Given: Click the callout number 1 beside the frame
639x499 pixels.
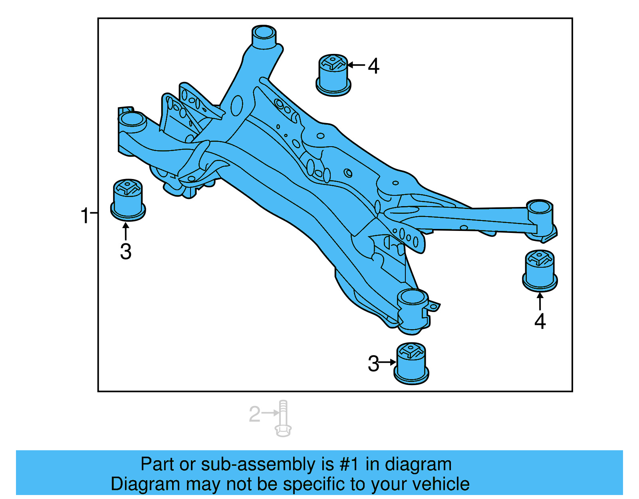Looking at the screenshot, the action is pyautogui.click(x=85, y=215).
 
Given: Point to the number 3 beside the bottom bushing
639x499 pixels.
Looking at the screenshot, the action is pyautogui.click(x=373, y=364).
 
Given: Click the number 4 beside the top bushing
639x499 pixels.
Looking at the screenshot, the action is pyautogui.click(x=373, y=66).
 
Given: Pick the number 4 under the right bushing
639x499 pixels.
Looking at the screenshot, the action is pyautogui.click(x=540, y=321).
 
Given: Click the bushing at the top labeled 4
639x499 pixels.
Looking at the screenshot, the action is pyautogui.click(x=333, y=75).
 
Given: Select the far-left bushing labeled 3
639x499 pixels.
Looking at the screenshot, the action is pyautogui.click(x=128, y=200).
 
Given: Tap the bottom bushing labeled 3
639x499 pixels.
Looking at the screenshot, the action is pyautogui.click(x=411, y=364).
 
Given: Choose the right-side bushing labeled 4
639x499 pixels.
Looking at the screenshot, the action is pyautogui.click(x=540, y=270).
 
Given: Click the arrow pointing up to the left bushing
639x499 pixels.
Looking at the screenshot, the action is pyautogui.click(x=125, y=231).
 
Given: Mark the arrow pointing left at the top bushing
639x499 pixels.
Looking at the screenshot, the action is pyautogui.click(x=356, y=65).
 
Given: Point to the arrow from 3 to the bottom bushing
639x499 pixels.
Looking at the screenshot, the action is pyautogui.click(x=387, y=362).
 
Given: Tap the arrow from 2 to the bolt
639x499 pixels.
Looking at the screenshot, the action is pyautogui.click(x=270, y=413).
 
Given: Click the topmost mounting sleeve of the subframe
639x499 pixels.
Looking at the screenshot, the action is pyautogui.click(x=264, y=37).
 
